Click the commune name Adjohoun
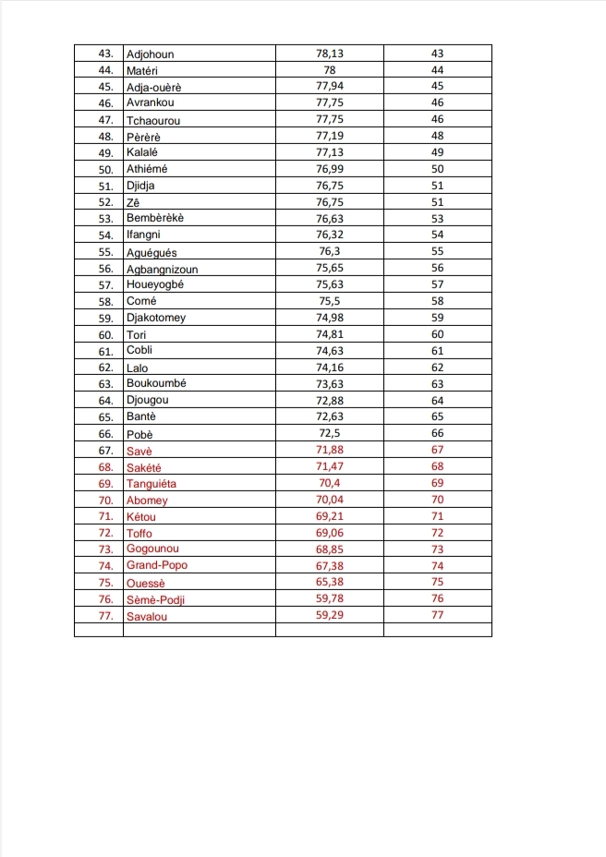pyautogui.click(x=150, y=54)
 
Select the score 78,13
pyautogui.click(x=330, y=54)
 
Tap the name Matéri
pyautogui.click(x=142, y=70)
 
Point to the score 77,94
pyautogui.click(x=330, y=87)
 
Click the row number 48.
pyautogui.click(x=105, y=137)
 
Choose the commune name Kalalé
pyautogui.click(x=142, y=152)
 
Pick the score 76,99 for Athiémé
pyautogui.click(x=330, y=169)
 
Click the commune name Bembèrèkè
pyautogui.click(x=155, y=218)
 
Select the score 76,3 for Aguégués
pyautogui.click(x=330, y=252)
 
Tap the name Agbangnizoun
pyautogui.click(x=162, y=269)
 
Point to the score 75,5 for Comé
pyautogui.click(x=330, y=301)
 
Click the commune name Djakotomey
pyautogui.click(x=156, y=318)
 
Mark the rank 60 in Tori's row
pyautogui.click(x=437, y=334)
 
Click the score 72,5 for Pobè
pyautogui.click(x=330, y=433)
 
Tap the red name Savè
pyautogui.click(x=139, y=451)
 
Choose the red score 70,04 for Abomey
pyautogui.click(x=330, y=500)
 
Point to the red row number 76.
pyautogui.click(x=105, y=599)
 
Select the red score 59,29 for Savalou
pyautogui.click(x=330, y=615)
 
